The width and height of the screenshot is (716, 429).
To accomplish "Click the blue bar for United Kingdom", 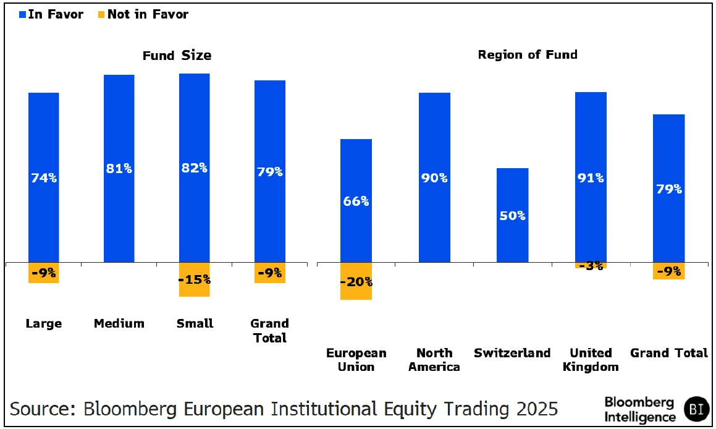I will click(x=591, y=136).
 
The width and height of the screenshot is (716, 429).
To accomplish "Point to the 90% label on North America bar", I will click(x=434, y=178).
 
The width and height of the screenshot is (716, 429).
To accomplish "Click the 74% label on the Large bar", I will click(x=44, y=178).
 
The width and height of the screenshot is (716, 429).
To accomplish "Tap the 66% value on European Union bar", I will click(x=356, y=201).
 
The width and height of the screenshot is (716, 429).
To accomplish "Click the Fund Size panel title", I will click(x=177, y=56).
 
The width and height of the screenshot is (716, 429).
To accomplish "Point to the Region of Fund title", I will click(x=528, y=54).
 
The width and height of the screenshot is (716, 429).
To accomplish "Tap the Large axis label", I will click(x=44, y=323).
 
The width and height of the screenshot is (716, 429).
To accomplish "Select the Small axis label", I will click(x=195, y=323).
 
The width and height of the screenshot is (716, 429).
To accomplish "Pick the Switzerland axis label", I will click(x=512, y=353).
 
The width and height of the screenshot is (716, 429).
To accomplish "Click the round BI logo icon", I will click(x=697, y=409).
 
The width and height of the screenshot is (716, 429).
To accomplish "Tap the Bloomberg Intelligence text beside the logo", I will click(x=640, y=410).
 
